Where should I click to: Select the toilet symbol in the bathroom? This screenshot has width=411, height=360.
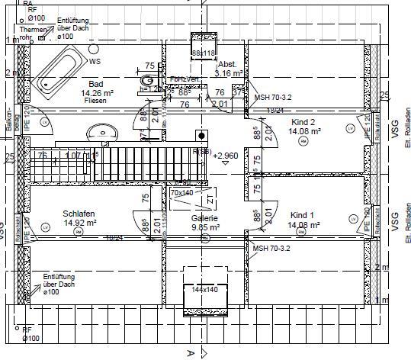[x=147, y=80]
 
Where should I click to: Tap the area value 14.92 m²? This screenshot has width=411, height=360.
[x=80, y=223]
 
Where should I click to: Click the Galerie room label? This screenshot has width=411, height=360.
[x=204, y=217]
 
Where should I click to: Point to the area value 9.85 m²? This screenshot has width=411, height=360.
[x=204, y=227]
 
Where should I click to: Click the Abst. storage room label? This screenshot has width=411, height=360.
[x=227, y=65]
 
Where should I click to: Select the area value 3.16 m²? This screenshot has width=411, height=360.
[x=229, y=74]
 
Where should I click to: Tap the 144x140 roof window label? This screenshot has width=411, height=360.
[x=204, y=291]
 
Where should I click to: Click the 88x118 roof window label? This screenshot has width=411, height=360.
[x=204, y=53]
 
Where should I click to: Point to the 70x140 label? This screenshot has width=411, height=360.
[x=181, y=194]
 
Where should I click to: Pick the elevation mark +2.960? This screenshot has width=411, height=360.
[x=226, y=156]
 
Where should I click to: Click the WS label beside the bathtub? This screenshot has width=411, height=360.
[x=95, y=61]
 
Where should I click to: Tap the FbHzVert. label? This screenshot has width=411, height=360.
[x=185, y=79]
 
